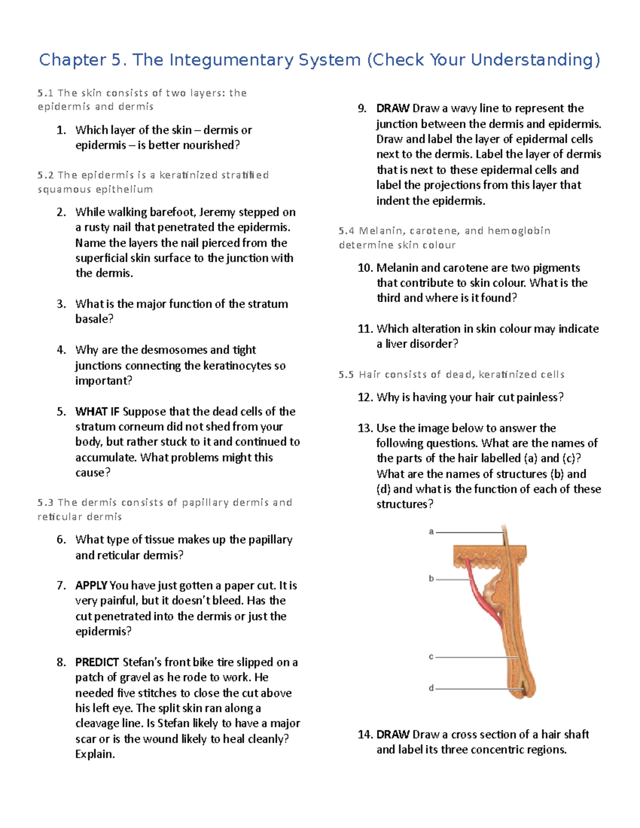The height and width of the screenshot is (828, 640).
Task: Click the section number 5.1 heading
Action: coord(45,93)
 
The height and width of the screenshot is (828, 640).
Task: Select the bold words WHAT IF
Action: coord(97,412)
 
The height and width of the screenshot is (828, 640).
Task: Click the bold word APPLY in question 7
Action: coord(91,585)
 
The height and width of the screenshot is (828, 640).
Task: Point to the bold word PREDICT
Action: coord(97,662)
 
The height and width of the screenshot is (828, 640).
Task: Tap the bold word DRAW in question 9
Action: coord(393,109)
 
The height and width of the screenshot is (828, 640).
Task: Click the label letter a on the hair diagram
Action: coord(431,532)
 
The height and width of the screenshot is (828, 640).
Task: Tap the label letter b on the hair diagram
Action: coord(431,578)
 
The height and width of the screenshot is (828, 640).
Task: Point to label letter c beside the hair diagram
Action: coord(431,657)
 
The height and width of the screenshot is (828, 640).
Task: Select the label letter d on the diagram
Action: coord(431,688)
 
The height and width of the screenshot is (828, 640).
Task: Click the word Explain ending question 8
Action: coord(94,754)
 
